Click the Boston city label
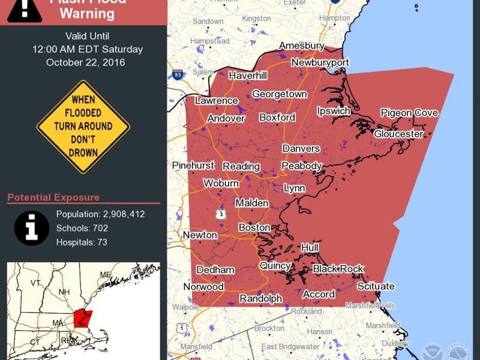click(254, 227)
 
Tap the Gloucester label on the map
click(398, 134)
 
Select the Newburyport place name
click(320, 62)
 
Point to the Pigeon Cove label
click(409, 113)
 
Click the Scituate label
click(376, 286)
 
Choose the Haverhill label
click(247, 76)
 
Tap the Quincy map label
click(275, 265)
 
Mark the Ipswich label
click(334, 111)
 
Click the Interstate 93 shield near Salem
click(178, 75)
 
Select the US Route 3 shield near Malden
click(222, 214)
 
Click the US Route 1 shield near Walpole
click(181, 328)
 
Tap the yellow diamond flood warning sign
click(83, 127)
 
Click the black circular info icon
click(32, 228)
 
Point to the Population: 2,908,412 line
click(100, 214)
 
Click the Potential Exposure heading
click(53, 197)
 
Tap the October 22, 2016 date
click(86, 62)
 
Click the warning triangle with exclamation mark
click(25, 8)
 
